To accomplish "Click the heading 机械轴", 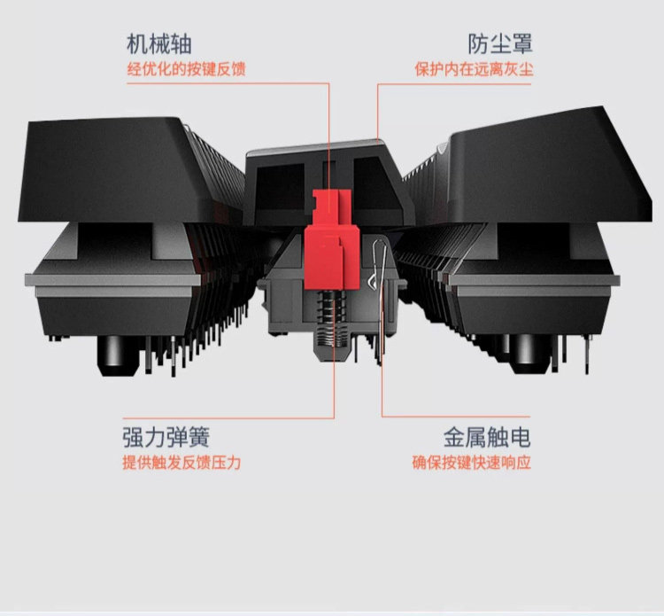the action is [x=159, y=44].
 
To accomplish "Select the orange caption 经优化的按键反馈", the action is [x=186, y=69].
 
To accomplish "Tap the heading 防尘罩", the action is [x=500, y=44].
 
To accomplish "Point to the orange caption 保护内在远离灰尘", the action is [x=474, y=69].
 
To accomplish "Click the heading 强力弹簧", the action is [x=166, y=438].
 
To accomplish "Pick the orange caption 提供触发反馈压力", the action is [x=181, y=463].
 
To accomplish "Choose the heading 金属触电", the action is [x=487, y=438].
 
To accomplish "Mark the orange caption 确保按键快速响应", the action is [x=472, y=463].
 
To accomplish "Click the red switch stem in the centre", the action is [x=332, y=239].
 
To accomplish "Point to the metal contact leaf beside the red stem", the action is [x=380, y=297].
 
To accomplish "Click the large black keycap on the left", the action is [x=127, y=169].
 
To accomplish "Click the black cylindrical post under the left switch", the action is [x=118, y=355].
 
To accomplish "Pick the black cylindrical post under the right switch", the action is [x=531, y=355].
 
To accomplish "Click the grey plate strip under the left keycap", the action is [x=112, y=280].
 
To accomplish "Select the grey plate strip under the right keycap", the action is [x=535, y=280].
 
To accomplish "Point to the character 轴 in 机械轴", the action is [x=181, y=44].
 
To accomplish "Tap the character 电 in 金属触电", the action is [x=520, y=438].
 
